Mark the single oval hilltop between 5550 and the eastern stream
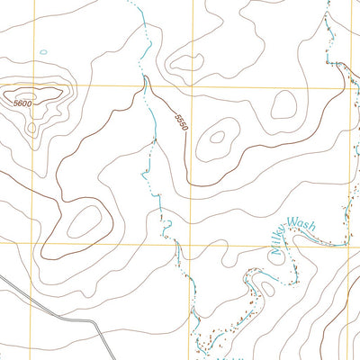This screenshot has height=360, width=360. [283, 107]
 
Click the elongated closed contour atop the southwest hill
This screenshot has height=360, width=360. [85, 220]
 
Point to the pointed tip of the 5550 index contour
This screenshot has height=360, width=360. [144, 78]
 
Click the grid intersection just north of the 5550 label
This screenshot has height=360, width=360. [190, 87]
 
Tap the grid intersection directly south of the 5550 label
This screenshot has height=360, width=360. [190, 244]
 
